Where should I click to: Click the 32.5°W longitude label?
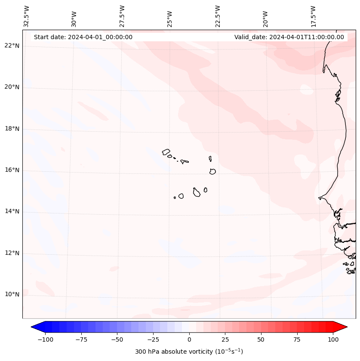click(26, 16)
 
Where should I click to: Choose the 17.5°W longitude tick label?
click(313, 16)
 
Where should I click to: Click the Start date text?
click(83, 37)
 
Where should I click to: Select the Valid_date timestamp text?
click(289, 37)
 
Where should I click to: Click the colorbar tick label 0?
click(189, 339)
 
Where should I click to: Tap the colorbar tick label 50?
click(261, 339)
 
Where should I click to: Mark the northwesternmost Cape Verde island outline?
click(166, 151)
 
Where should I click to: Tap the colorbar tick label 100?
click(333, 339)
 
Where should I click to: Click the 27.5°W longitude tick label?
click(122, 16)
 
